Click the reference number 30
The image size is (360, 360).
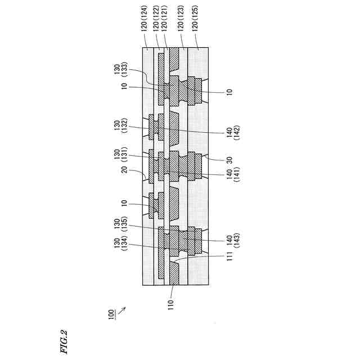(x=229, y=160)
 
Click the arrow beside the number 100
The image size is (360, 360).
(x=122, y=308)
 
